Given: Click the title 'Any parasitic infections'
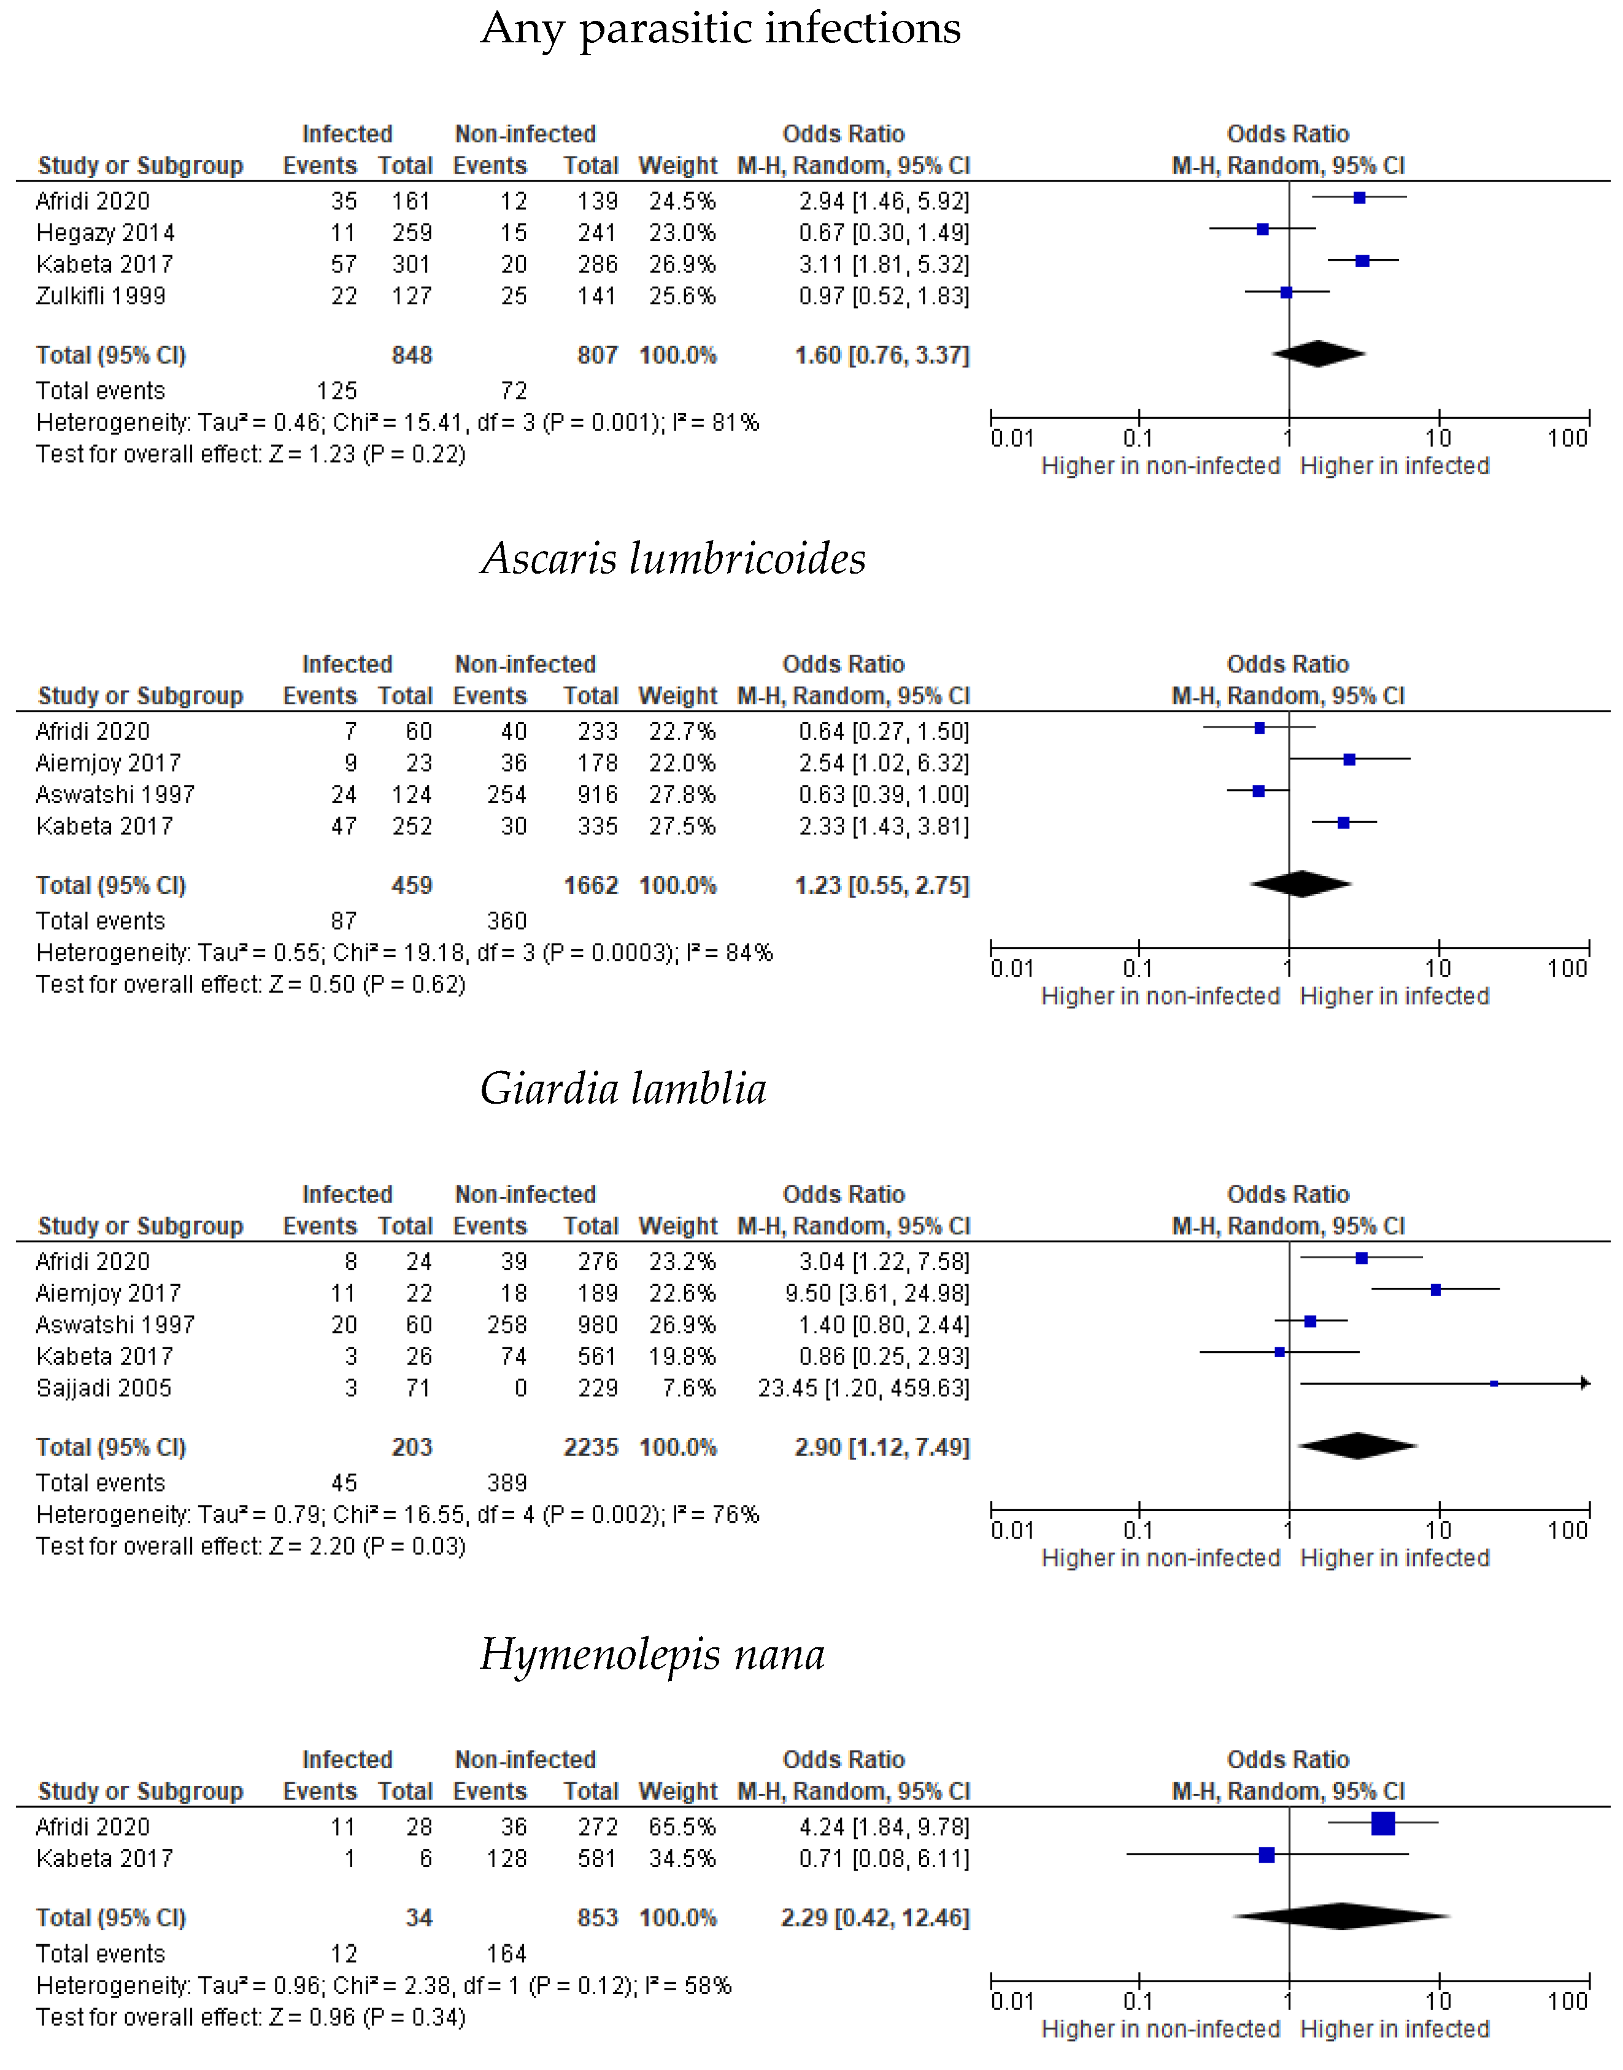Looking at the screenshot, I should click(720, 28).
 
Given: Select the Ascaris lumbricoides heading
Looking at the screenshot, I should click(673, 558).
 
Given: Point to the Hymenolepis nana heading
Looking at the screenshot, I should click(652, 1654).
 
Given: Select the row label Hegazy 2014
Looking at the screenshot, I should click(106, 233).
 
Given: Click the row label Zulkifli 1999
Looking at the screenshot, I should click(101, 296).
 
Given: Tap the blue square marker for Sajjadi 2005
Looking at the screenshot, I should click(1494, 1384).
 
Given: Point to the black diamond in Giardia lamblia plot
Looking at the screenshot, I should click(1358, 1446).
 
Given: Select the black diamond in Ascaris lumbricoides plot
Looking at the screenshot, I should click(1301, 885).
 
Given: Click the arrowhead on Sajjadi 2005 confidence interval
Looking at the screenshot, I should click(1585, 1384).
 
